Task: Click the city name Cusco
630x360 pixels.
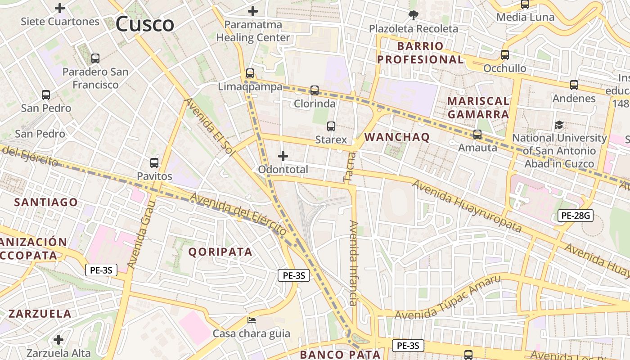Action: (x=144, y=24)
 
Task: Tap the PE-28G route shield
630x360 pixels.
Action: (x=576, y=216)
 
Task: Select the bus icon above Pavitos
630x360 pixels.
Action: (x=154, y=163)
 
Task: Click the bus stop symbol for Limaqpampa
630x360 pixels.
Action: (x=250, y=73)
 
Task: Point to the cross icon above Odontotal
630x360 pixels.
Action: (x=283, y=156)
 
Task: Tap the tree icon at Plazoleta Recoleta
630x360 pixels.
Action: (x=413, y=16)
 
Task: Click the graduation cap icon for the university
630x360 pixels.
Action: (x=559, y=125)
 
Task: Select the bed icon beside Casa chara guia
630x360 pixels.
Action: (x=252, y=320)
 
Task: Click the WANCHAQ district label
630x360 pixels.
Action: (x=397, y=137)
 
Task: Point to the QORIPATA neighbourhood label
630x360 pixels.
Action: (x=220, y=252)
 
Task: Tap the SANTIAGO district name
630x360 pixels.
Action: (x=46, y=202)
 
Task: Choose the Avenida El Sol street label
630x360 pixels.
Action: (x=210, y=127)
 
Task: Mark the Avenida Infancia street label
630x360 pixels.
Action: (x=354, y=263)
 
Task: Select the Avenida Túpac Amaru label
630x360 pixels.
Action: (x=447, y=297)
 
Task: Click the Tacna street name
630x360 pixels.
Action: (x=350, y=167)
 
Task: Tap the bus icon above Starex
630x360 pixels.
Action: (x=331, y=126)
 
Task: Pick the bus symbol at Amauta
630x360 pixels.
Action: (x=477, y=135)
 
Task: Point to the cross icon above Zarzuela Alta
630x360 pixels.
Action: (x=58, y=340)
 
